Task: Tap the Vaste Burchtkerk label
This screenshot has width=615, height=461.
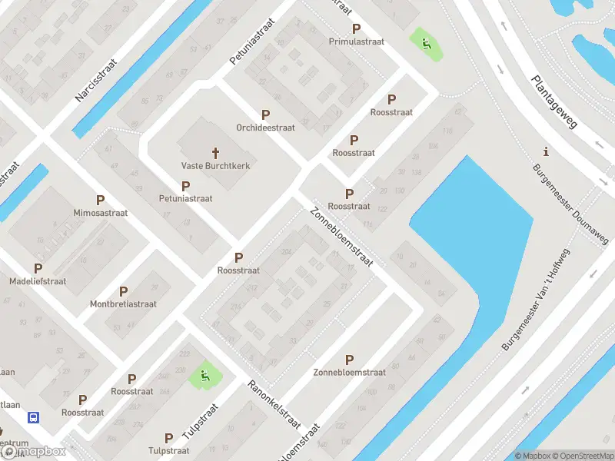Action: click(215, 165)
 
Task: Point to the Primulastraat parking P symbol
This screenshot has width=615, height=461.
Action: click(355, 28)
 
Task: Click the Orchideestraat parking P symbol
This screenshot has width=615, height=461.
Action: click(265, 114)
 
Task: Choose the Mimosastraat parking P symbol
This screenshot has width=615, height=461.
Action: click(100, 200)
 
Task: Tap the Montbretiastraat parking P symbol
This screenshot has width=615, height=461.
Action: click(123, 291)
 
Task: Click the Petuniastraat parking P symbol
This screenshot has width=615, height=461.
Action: click(185, 186)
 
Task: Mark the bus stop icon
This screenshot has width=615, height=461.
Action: click(34, 417)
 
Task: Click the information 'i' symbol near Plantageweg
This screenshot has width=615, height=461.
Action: click(546, 151)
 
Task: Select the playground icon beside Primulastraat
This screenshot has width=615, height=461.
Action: click(426, 43)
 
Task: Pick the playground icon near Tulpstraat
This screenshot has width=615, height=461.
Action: click(204, 376)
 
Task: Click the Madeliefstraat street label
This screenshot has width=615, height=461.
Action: click(38, 281)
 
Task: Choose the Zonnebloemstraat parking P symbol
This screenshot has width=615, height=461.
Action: click(349, 360)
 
